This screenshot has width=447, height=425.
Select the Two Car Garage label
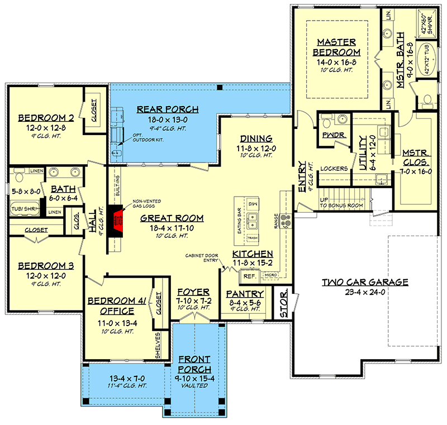point(364,282)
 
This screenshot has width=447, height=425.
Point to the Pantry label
point(245,294)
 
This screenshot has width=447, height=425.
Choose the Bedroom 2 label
point(42,118)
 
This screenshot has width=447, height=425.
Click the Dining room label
point(256,139)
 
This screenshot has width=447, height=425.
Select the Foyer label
point(193,292)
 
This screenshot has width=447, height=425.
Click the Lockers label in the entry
point(334,168)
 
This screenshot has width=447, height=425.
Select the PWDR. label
point(333,135)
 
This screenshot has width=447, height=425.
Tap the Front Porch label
point(196,365)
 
